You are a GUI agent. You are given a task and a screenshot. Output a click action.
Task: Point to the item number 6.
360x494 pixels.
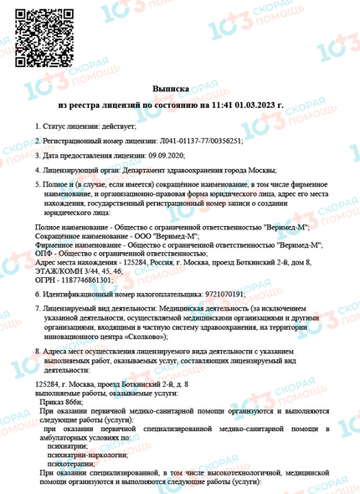click(37, 294)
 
